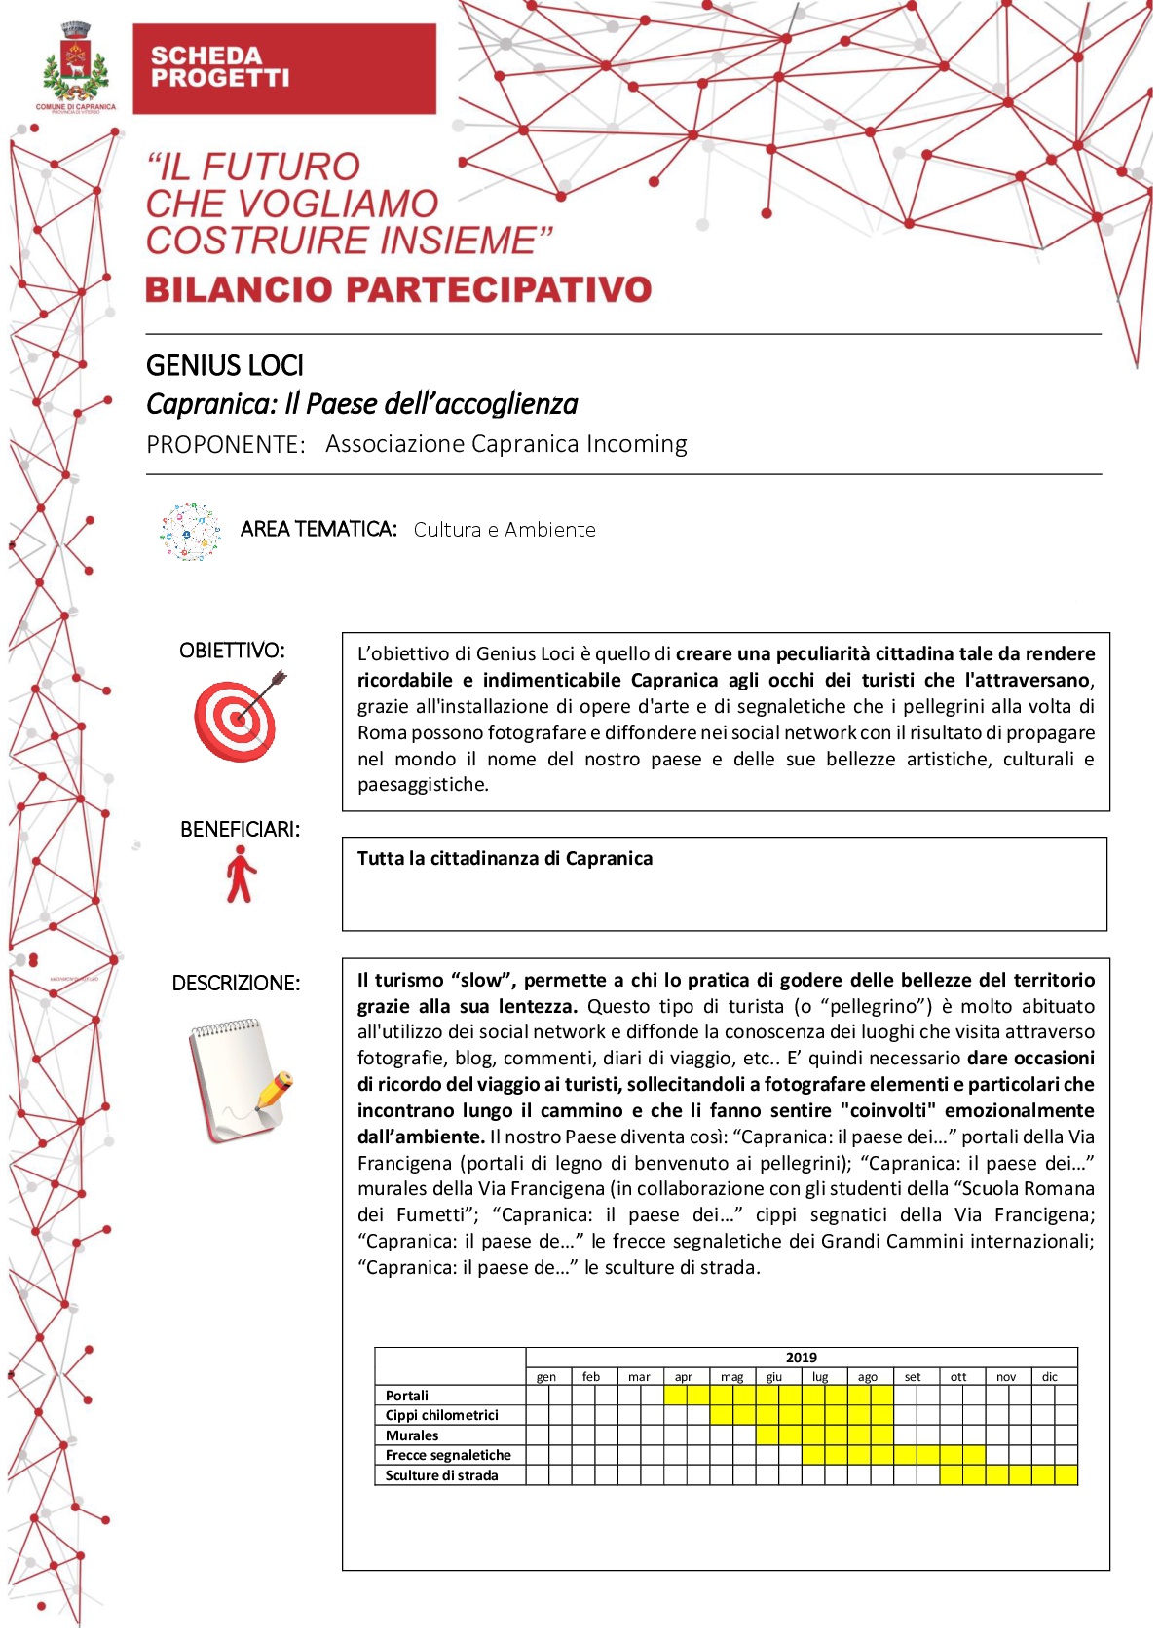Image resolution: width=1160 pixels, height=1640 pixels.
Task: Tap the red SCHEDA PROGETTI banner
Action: (283, 68)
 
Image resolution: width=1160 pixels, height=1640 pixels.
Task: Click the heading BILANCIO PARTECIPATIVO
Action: (397, 289)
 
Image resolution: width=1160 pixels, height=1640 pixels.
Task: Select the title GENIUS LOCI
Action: (225, 365)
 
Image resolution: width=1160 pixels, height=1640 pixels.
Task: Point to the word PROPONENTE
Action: (225, 445)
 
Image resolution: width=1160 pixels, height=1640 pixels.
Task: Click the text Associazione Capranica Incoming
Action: (505, 444)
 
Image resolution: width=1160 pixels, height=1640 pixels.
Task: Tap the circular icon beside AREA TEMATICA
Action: (191, 531)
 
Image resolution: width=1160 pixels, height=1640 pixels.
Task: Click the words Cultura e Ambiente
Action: (504, 530)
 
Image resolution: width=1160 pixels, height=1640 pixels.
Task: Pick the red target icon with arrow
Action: (239, 716)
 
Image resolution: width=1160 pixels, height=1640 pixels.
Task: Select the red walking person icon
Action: (240, 874)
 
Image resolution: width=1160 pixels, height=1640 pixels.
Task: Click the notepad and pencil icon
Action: (240, 1079)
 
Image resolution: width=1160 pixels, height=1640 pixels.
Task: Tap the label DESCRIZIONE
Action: (236, 984)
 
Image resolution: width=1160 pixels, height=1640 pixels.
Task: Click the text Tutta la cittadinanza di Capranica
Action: (505, 858)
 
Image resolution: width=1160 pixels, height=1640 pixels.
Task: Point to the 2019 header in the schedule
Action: (801, 1358)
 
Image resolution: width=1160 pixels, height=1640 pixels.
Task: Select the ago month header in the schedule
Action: (867, 1377)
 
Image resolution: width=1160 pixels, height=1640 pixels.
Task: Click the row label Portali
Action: (406, 1396)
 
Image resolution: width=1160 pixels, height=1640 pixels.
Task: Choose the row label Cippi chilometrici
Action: (441, 1415)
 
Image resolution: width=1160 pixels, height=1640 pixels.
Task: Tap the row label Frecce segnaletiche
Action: (448, 1455)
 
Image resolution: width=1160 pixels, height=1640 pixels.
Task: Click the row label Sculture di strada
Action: (441, 1475)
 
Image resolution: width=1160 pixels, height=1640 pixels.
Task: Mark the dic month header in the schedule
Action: (1049, 1377)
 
